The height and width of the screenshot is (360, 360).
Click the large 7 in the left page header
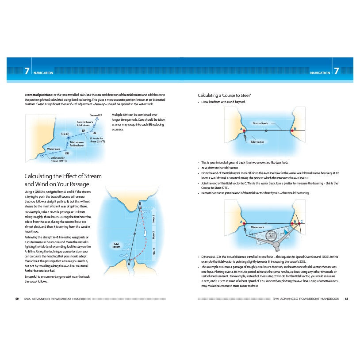click(27, 71)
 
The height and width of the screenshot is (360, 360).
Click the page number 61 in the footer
click(347, 299)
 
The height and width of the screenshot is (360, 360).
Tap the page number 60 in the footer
click(17, 299)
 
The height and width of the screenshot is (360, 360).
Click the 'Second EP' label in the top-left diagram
click(96, 115)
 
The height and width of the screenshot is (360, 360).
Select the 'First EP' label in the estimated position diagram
click(65, 134)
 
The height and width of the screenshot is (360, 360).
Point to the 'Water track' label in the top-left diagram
click(54, 149)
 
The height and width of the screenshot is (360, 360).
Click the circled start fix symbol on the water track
click(42, 156)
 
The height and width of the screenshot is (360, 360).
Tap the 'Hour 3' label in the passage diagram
click(153, 219)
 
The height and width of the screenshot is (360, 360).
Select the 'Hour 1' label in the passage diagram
click(153, 251)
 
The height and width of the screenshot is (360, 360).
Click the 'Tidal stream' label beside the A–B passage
click(116, 245)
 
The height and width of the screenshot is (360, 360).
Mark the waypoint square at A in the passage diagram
click(129, 261)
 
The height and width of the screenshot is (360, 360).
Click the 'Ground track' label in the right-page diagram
click(260, 123)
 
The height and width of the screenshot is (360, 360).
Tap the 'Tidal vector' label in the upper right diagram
click(257, 142)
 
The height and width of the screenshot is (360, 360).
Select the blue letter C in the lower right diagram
click(302, 221)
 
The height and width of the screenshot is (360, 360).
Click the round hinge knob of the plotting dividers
click(276, 244)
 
